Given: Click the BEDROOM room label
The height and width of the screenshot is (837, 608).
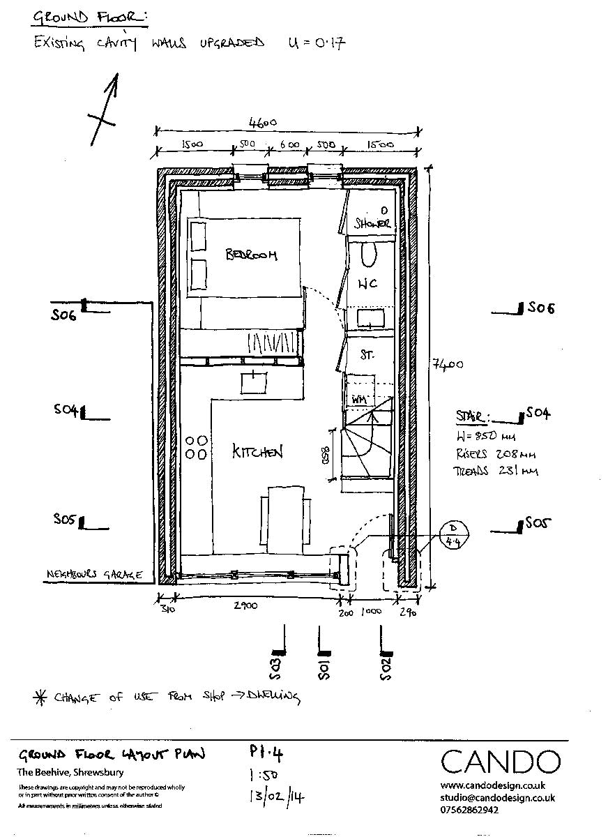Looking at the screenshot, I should [251, 255].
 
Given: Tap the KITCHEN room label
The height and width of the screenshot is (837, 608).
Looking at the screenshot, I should [257, 453].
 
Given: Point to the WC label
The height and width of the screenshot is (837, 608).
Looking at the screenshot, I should [367, 285].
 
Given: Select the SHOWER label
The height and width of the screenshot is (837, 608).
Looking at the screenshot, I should [372, 223].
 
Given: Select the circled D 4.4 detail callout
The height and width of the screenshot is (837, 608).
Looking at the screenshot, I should [454, 536].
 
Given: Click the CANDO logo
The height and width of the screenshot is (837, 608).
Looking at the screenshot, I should [500, 762].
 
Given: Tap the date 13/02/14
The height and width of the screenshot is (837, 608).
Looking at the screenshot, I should [277, 796].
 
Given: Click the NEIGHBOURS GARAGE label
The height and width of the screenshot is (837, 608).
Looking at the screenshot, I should [94, 575].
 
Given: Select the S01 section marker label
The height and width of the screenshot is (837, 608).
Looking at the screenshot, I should [324, 667].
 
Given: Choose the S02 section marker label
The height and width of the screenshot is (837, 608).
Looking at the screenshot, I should [386, 668].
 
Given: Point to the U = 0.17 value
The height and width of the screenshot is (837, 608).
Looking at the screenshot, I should [317, 43].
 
